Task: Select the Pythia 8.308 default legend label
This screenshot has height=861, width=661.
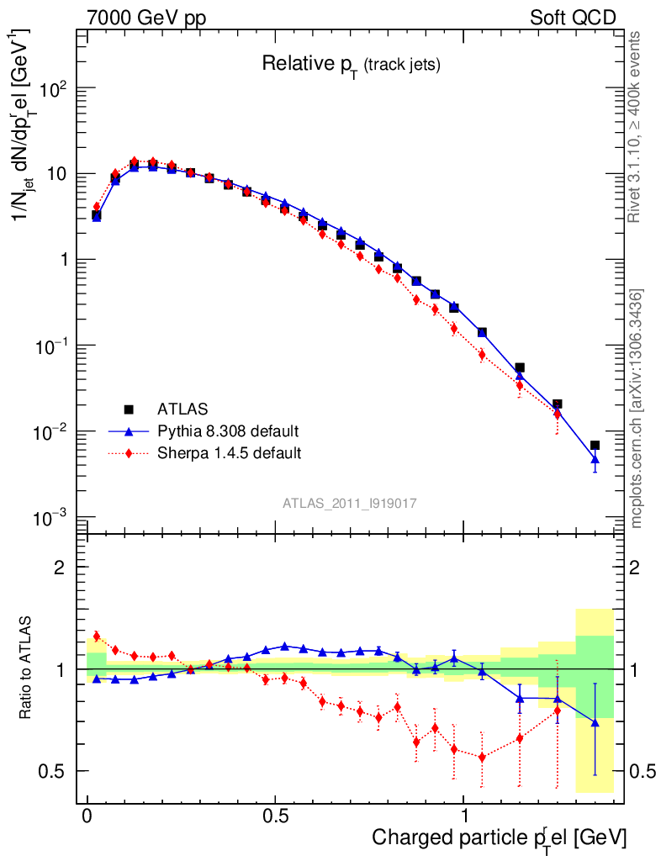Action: (227, 431)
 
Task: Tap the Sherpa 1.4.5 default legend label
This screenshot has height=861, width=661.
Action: (229, 453)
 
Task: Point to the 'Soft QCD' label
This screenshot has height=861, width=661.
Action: (573, 18)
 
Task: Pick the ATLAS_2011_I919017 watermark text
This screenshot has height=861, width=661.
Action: (350, 503)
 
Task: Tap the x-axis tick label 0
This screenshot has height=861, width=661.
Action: (87, 817)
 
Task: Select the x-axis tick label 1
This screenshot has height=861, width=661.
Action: (464, 817)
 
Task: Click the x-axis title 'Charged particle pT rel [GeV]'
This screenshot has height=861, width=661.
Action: (499, 838)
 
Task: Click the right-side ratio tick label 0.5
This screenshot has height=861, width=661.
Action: (643, 771)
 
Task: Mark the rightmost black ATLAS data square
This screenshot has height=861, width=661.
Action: (595, 445)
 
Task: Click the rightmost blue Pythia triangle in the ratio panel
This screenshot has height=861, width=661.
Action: (595, 722)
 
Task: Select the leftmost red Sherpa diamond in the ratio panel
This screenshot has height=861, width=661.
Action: (96, 637)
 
